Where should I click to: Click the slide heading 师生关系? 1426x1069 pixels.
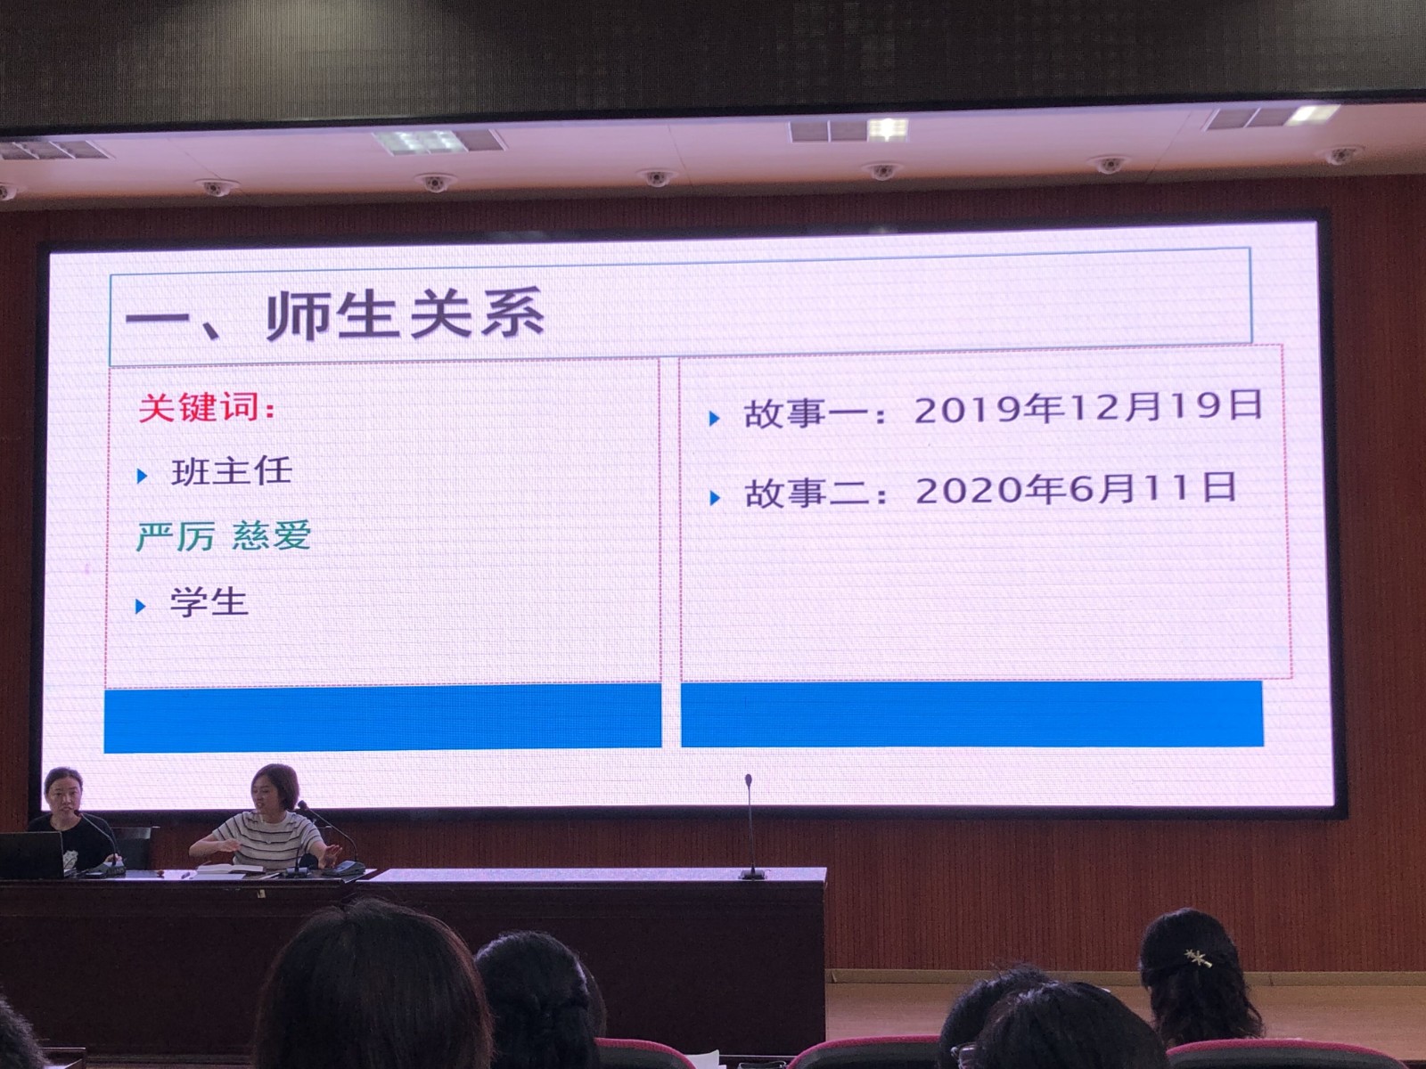(406, 315)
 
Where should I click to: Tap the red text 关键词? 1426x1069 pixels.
(200, 408)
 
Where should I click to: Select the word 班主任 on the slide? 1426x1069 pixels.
(231, 470)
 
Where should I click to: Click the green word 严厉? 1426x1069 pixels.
(176, 536)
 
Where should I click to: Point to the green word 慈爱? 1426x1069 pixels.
(272, 534)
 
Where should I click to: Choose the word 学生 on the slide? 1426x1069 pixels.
(209, 601)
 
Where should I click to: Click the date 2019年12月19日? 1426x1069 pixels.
(1088, 407)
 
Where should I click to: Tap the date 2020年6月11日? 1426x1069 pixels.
(1076, 488)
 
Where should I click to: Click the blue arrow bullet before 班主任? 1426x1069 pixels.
(143, 477)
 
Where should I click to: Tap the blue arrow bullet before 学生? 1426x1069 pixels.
(140, 607)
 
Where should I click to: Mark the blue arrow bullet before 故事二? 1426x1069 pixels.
(716, 498)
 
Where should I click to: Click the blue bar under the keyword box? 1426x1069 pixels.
(382, 717)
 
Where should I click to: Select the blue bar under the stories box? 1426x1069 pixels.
(971, 714)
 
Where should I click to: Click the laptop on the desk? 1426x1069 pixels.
(32, 854)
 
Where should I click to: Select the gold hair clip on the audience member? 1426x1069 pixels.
(1197, 958)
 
